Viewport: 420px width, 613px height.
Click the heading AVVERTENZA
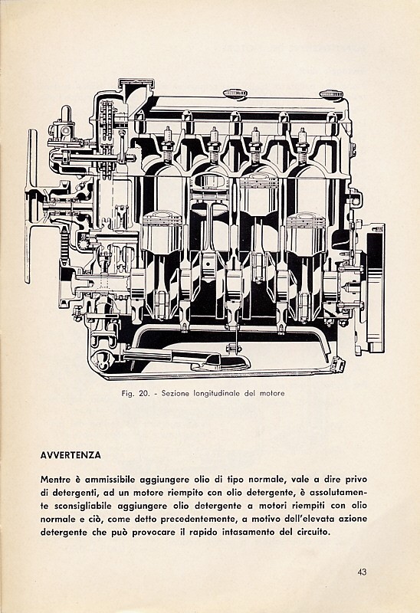71,455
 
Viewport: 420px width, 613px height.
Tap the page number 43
362,572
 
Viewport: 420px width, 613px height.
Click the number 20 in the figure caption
143,393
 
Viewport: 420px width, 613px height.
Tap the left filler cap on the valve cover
235,93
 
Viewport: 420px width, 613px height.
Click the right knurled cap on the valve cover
331,94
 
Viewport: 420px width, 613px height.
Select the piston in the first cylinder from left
162,233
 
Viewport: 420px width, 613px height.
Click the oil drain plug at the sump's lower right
338,365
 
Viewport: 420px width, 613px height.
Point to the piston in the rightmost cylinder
305,234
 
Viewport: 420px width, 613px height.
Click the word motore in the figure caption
273,393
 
